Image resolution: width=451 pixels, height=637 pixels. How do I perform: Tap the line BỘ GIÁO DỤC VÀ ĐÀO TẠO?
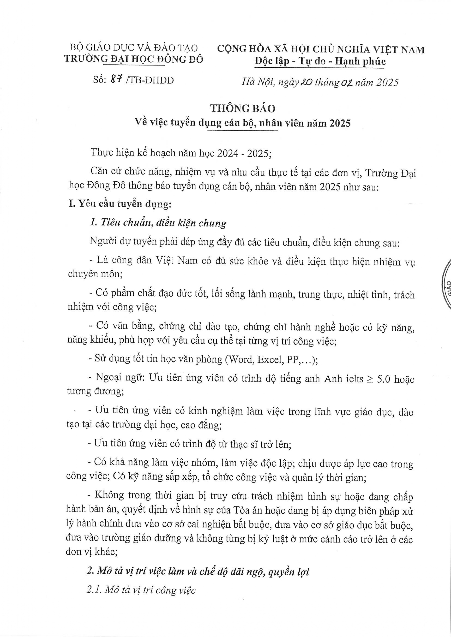coord(134,48)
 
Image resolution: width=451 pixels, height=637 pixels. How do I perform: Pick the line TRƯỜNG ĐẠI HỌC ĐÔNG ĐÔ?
coord(134,59)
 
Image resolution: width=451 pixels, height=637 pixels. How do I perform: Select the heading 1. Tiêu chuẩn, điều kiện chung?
coord(158,223)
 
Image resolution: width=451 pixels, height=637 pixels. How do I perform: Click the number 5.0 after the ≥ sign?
coord(384,379)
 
